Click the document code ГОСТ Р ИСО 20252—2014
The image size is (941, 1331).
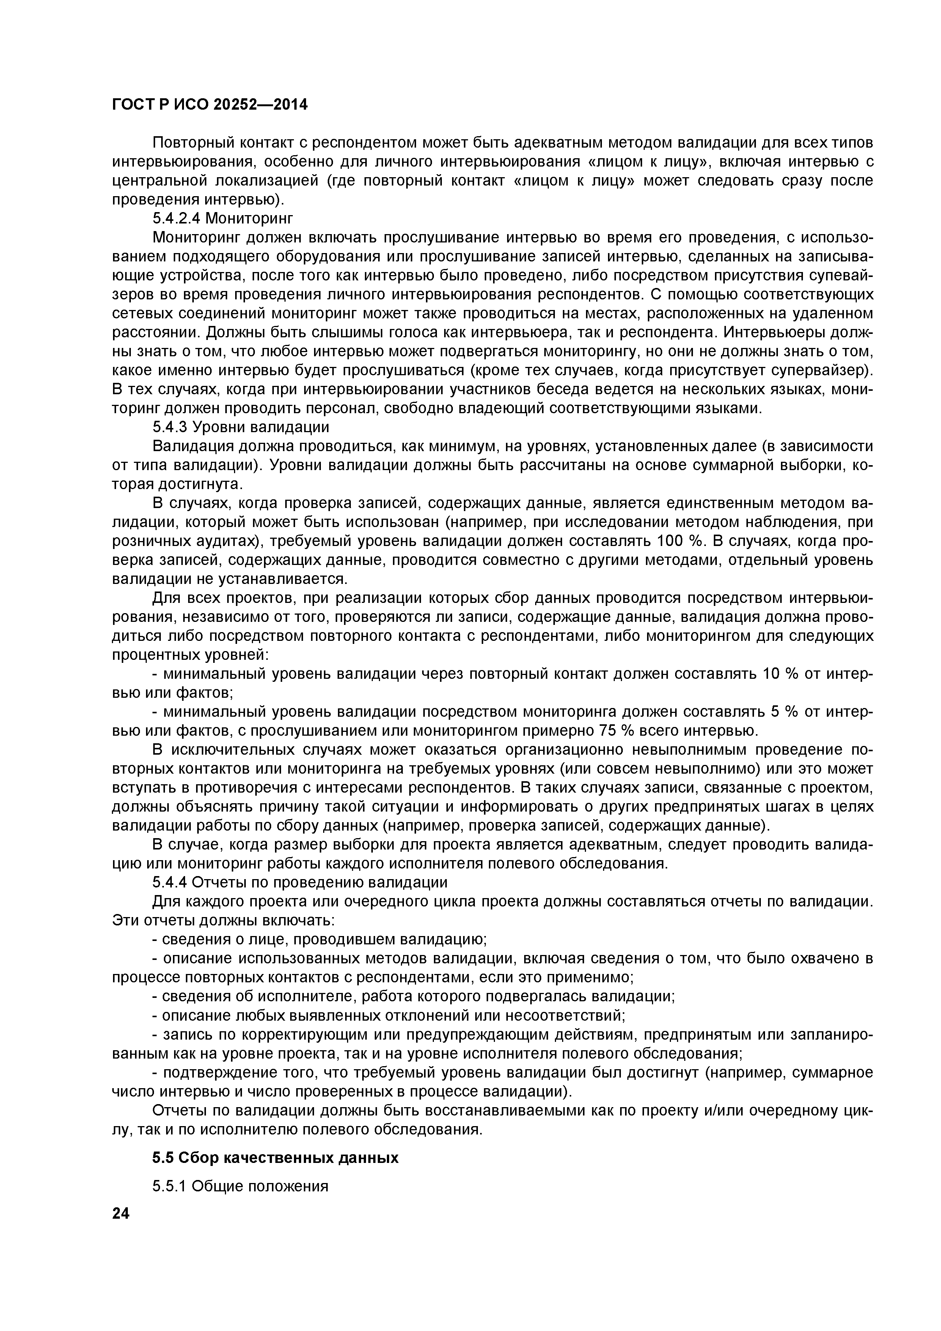point(209,104)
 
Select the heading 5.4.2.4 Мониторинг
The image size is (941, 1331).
point(223,219)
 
